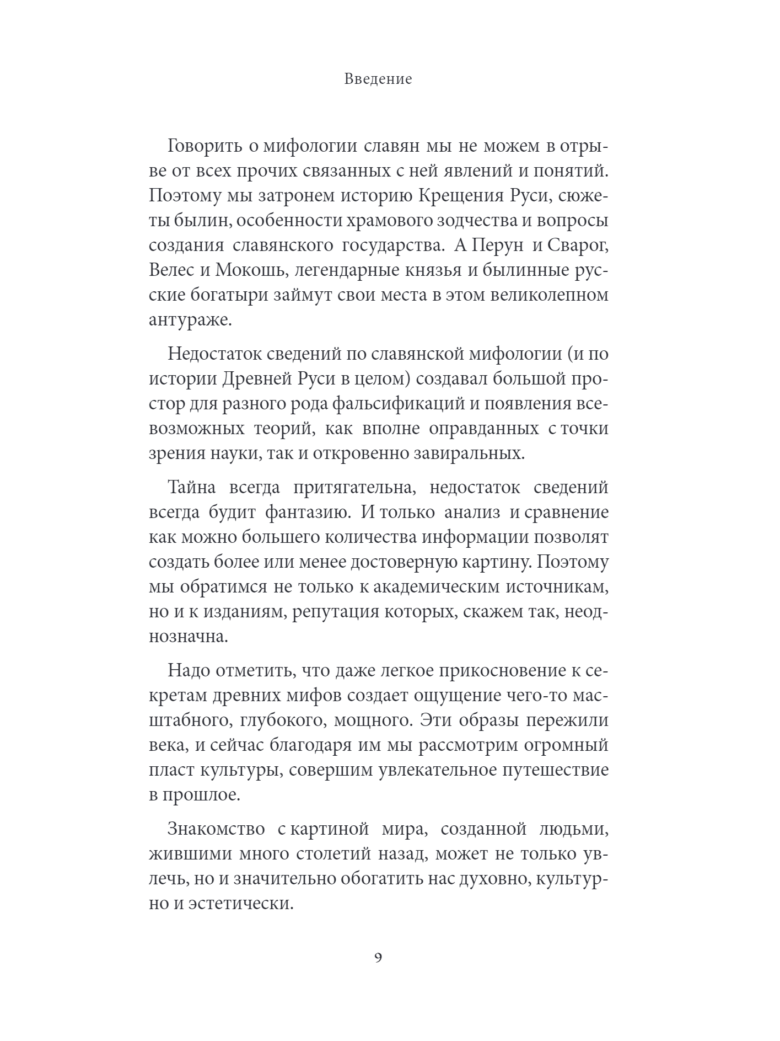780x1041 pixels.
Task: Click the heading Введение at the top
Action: pyautogui.click(x=378, y=79)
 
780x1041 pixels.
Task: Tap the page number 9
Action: pyautogui.click(x=378, y=973)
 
